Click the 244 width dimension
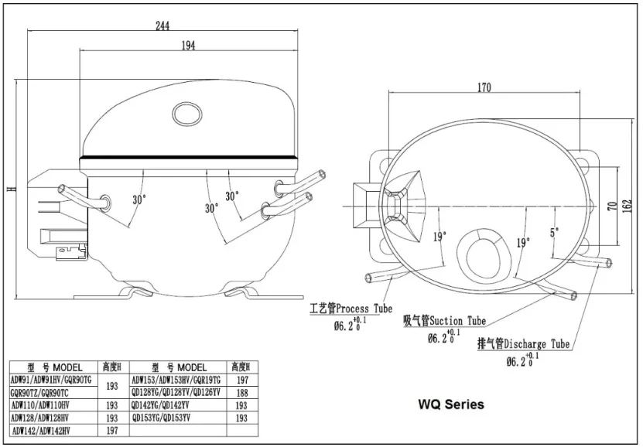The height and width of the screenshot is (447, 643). click(162, 26)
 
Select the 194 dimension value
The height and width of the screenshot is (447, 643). click(188, 46)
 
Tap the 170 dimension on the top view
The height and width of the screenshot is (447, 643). click(484, 87)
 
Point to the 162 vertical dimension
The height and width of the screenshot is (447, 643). click(627, 206)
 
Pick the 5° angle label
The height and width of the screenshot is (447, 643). click(555, 232)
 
